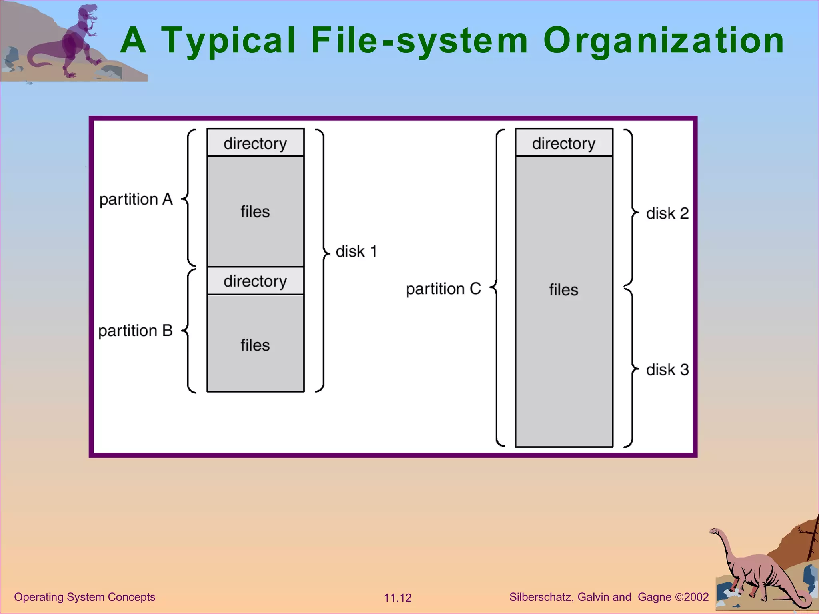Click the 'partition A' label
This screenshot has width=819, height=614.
(x=136, y=199)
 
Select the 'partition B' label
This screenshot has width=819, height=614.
(x=135, y=331)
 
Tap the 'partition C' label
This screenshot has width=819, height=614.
(x=443, y=289)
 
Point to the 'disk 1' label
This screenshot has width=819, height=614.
(x=356, y=251)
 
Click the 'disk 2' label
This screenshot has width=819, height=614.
(x=667, y=213)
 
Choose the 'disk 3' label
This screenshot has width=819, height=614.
(x=667, y=370)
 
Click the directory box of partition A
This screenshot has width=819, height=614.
(x=255, y=143)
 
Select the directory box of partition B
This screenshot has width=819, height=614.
(x=255, y=281)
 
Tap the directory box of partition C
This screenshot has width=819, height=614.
(x=564, y=143)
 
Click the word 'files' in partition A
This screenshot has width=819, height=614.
(x=255, y=212)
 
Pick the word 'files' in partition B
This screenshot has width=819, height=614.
(x=255, y=345)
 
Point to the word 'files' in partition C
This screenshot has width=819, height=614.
(x=563, y=290)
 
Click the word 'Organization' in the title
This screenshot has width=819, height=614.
(x=663, y=41)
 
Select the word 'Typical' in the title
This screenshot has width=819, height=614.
(x=228, y=41)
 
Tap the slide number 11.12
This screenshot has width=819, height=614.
(x=398, y=598)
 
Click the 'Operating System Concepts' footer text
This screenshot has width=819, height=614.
(x=84, y=597)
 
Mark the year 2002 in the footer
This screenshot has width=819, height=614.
(x=696, y=597)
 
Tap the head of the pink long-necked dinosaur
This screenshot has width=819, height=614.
(x=714, y=532)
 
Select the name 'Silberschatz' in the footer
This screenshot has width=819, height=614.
(x=541, y=597)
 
